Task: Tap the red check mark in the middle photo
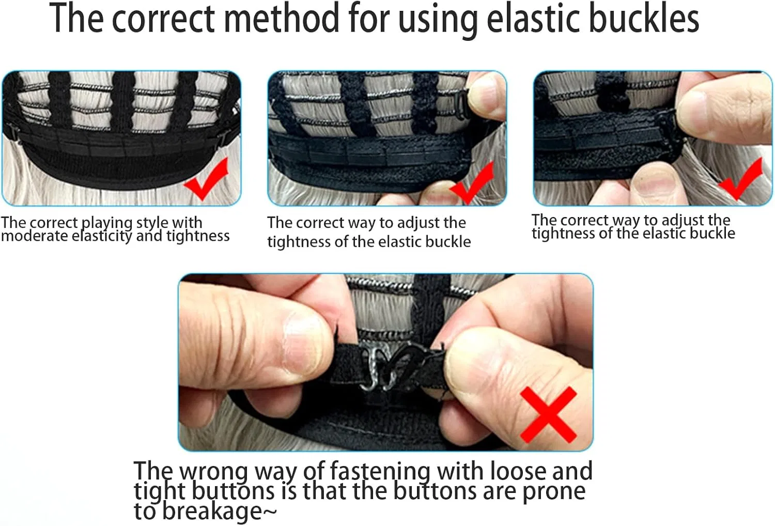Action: pos(472,183)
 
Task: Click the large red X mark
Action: pos(548,414)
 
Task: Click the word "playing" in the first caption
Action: pos(107,224)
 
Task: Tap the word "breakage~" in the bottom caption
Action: pos(206,512)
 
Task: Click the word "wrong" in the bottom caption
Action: pos(214,471)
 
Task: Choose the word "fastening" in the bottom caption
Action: pos(380,471)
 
